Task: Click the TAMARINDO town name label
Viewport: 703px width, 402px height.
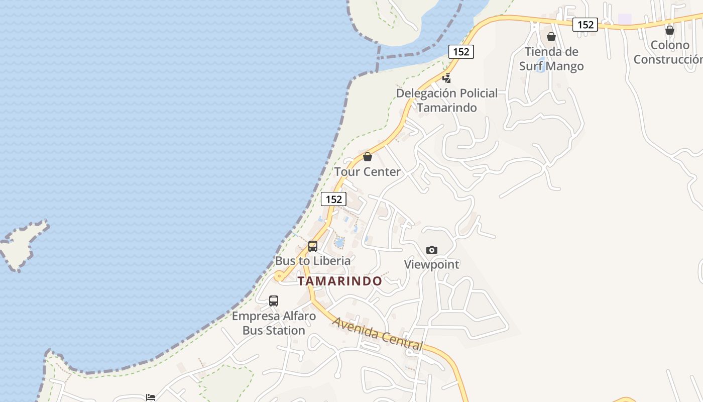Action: pos(339,281)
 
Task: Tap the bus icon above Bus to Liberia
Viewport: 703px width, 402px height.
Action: pos(313,246)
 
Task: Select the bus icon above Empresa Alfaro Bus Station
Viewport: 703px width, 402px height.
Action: pos(274,301)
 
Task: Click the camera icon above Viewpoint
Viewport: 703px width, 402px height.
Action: pos(431,250)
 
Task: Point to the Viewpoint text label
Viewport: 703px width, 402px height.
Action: pos(431,264)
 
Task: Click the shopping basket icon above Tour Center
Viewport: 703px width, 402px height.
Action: pos(368,157)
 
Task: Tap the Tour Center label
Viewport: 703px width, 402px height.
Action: pos(368,172)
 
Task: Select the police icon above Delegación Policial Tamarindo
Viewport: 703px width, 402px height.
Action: pos(446,78)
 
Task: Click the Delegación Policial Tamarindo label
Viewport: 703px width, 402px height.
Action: pos(447,100)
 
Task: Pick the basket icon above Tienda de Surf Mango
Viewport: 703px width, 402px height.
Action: pos(551,37)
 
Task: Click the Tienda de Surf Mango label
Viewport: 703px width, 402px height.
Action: pos(551,59)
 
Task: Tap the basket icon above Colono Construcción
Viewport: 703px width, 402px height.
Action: pos(669,30)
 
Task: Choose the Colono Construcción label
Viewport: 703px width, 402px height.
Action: pos(668,52)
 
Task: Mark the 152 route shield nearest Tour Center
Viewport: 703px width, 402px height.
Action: pos(333,199)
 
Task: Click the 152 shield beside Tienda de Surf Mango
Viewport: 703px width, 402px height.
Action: pos(585,24)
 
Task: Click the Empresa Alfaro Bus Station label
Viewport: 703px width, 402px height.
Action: pos(274,323)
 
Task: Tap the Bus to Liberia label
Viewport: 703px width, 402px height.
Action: pos(313,261)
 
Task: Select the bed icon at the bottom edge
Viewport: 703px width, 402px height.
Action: pos(150,397)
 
